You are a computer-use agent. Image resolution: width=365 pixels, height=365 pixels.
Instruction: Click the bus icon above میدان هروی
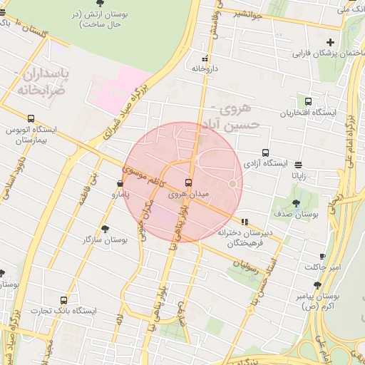pos(188,182)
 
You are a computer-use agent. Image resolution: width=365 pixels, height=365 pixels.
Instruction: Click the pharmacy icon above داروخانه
pos(205,58)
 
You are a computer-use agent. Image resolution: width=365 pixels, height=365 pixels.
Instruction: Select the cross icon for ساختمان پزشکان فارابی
pos(330,43)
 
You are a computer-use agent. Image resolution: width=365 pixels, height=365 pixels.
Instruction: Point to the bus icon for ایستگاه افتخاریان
pos(308,102)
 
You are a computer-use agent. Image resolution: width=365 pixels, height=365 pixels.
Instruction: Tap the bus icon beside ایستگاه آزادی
pos(265,153)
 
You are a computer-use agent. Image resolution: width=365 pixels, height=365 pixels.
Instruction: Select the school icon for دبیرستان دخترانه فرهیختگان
pos(245,222)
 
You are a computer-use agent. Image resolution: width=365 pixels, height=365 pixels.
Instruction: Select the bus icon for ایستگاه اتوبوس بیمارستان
pos(31,119)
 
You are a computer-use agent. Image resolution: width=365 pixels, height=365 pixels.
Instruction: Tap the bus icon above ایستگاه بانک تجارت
pos(64,300)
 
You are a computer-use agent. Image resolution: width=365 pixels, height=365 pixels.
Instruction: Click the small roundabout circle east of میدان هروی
pos(232,185)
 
